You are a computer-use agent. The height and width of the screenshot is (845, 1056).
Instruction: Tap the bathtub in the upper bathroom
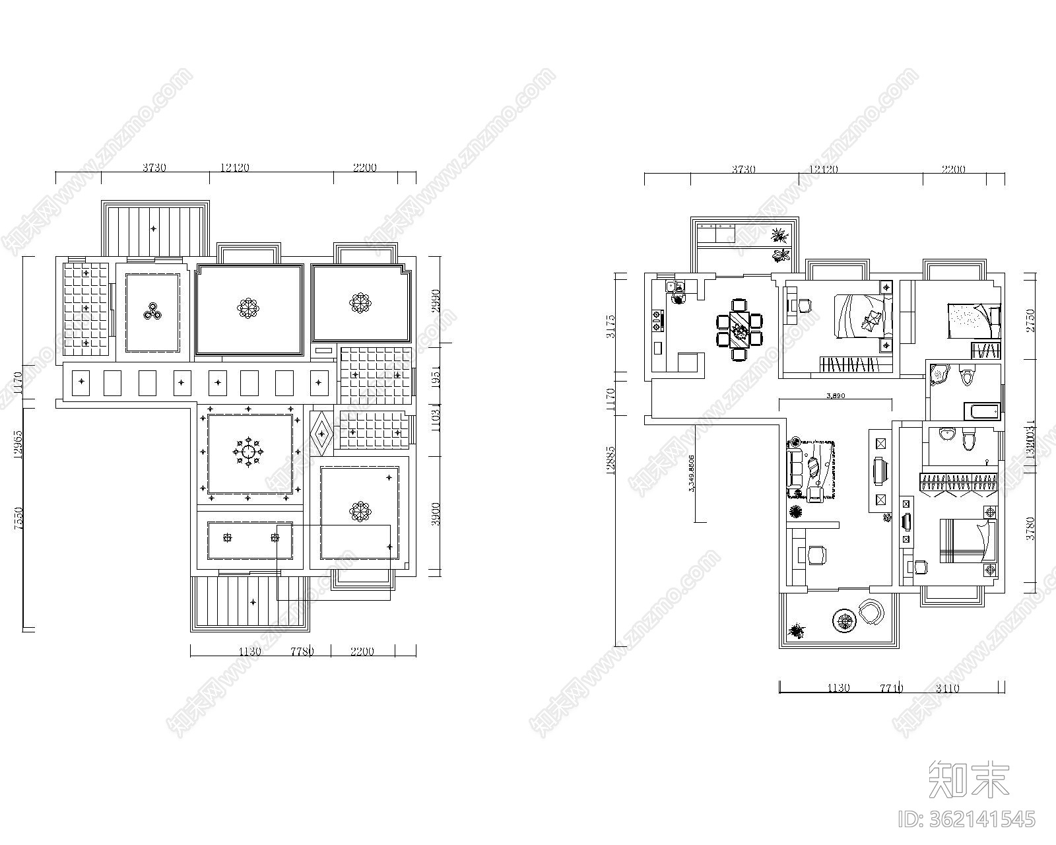(983, 412)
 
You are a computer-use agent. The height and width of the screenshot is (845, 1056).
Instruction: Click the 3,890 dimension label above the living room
(835, 397)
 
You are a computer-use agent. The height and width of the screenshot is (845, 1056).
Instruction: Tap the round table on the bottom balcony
(845, 619)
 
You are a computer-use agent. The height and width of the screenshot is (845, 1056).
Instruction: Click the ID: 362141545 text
(969, 819)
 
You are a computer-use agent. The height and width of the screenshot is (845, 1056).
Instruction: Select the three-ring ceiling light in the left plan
(153, 312)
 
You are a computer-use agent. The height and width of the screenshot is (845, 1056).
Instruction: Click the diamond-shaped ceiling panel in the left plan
(321, 434)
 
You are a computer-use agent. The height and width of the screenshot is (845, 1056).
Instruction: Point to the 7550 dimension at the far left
(18, 518)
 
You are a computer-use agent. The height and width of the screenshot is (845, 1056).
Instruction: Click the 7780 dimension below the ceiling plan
(302, 652)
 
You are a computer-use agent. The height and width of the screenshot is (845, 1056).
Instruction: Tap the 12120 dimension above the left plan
(234, 168)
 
